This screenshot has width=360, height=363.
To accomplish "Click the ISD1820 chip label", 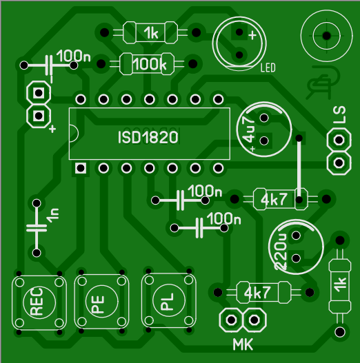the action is tap(148, 137).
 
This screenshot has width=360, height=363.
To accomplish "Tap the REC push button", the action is tap(39, 302).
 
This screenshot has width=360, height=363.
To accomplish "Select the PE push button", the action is tap(101, 302).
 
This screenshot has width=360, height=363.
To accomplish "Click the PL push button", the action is tap(169, 300).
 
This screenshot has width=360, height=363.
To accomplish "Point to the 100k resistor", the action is tap(147, 63).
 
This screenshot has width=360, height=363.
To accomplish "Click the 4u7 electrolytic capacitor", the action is tap(264, 129).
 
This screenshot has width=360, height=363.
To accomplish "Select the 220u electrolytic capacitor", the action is tap(296, 247).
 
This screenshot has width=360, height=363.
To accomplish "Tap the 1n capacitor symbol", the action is tap(37, 228).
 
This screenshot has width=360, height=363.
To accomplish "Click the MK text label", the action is tap(243, 344).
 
